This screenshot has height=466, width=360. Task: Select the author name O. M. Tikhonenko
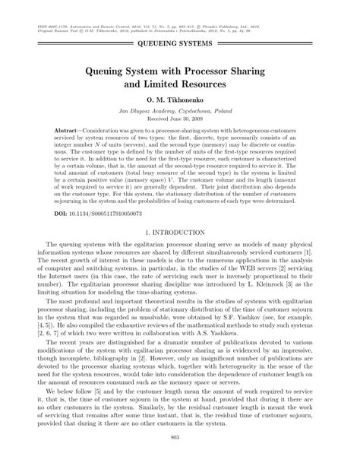tap(180, 100)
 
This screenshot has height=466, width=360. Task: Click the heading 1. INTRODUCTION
tap(180, 230)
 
